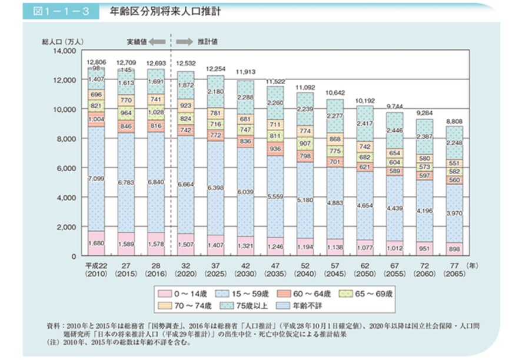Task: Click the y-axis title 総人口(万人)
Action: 61,41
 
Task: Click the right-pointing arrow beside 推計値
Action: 184,41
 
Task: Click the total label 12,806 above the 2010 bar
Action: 95,62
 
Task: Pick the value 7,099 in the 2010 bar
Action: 95,178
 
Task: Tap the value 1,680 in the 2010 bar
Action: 95,242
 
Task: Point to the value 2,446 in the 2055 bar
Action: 395,131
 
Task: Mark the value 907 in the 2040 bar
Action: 305,143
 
